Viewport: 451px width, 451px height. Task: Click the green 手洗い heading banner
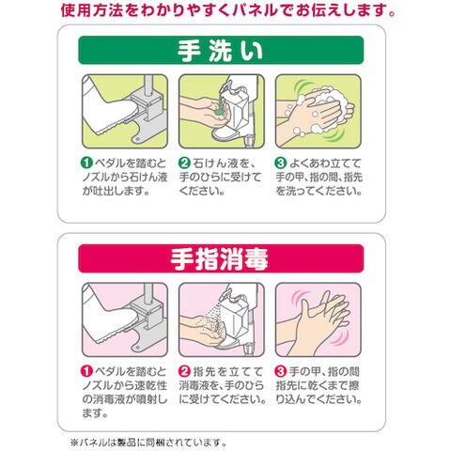221,50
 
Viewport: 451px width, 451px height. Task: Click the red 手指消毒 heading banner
221,258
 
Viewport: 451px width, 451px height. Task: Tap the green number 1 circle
86,163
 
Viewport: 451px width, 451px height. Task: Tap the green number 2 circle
184,163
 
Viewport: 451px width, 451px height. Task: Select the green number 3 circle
281,163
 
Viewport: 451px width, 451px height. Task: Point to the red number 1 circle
86,371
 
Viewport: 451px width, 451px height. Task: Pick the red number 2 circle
184,371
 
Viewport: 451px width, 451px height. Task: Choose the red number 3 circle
281,371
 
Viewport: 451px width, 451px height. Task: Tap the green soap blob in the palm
219,110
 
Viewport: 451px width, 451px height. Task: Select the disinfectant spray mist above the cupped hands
214,318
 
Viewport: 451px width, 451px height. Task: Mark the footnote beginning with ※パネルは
148,443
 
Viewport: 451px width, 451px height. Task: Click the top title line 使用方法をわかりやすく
228,10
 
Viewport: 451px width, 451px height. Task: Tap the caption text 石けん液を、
225,163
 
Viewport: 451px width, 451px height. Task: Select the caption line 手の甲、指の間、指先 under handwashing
319,177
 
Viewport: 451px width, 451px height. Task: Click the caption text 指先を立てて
228,371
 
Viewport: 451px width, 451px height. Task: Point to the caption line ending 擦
318,385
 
